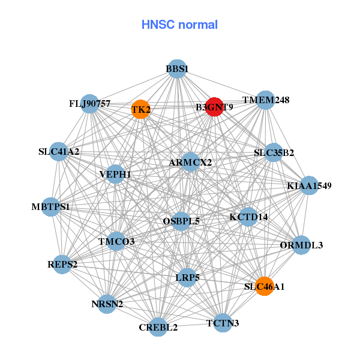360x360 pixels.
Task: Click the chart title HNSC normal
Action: pyautogui.click(x=179, y=25)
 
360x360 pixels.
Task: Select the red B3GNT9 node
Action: pyautogui.click(x=214, y=107)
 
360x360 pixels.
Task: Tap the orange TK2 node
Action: pyautogui.click(x=140, y=109)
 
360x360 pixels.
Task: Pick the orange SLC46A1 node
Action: pyautogui.click(x=264, y=287)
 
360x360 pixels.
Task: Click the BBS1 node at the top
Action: pyautogui.click(x=176, y=69)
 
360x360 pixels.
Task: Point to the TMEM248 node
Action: pyautogui.click(x=265, y=100)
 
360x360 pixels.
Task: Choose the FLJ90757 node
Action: pyautogui.click(x=89, y=104)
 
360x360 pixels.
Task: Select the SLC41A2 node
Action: pyautogui.click(x=59, y=152)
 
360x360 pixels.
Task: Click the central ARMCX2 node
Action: pyautogui.click(x=190, y=162)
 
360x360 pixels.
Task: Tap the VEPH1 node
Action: pyautogui.click(x=115, y=174)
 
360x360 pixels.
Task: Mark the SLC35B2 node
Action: pyautogui.click(x=274, y=152)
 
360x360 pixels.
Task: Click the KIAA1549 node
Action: pyautogui.click(x=309, y=186)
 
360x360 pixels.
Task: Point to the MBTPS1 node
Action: pyautogui.click(x=51, y=207)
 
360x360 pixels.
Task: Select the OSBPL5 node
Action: pyautogui.click(x=181, y=221)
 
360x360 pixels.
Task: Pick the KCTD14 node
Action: pyautogui.click(x=248, y=216)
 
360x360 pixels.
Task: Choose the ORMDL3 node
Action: pyautogui.click(x=301, y=245)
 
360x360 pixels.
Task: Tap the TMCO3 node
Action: pyautogui.click(x=116, y=241)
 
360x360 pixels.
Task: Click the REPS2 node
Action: pyautogui.click(x=62, y=264)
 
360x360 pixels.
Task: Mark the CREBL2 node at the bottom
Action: pyautogui.click(x=158, y=327)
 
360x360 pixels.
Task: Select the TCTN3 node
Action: pyautogui.click(x=223, y=323)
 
